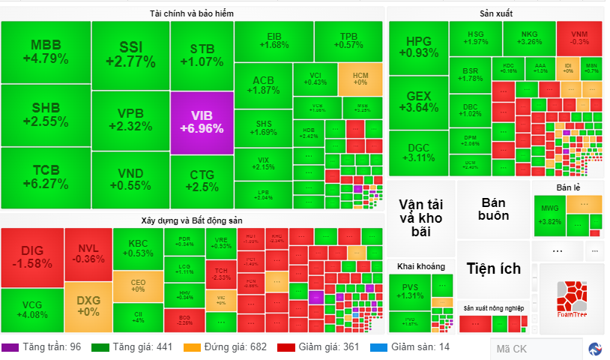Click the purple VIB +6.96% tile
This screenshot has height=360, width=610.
coord(202,121)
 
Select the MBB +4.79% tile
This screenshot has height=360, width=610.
coord(46,51)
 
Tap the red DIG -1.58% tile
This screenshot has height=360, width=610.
coord(31,257)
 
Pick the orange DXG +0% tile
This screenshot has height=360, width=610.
coord(88,306)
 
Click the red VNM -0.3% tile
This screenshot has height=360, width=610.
coord(579,37)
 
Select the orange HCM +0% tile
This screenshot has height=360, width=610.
coord(360,78)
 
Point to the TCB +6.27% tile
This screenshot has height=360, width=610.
coord(46,178)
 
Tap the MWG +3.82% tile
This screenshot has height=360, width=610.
coord(549,214)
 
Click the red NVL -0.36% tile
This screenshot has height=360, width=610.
coord(88,253)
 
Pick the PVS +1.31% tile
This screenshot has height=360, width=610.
coord(409,290)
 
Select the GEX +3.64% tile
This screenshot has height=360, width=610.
coord(418,101)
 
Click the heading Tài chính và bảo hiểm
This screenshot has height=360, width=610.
coord(193,13)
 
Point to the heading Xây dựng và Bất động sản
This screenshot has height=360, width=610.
coord(192,220)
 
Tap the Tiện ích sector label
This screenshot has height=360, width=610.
coord(493,268)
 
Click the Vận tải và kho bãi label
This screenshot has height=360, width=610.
coord(420,217)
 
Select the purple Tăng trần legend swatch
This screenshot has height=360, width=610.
coord(10,347)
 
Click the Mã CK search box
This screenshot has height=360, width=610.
coord(535,348)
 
